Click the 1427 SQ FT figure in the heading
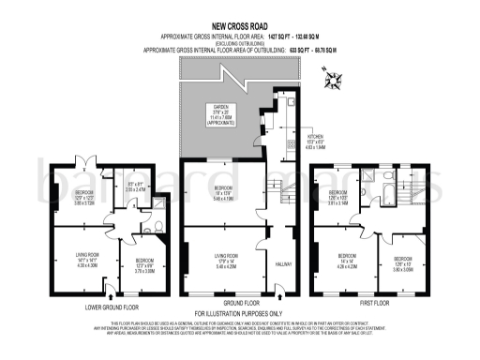278,36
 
